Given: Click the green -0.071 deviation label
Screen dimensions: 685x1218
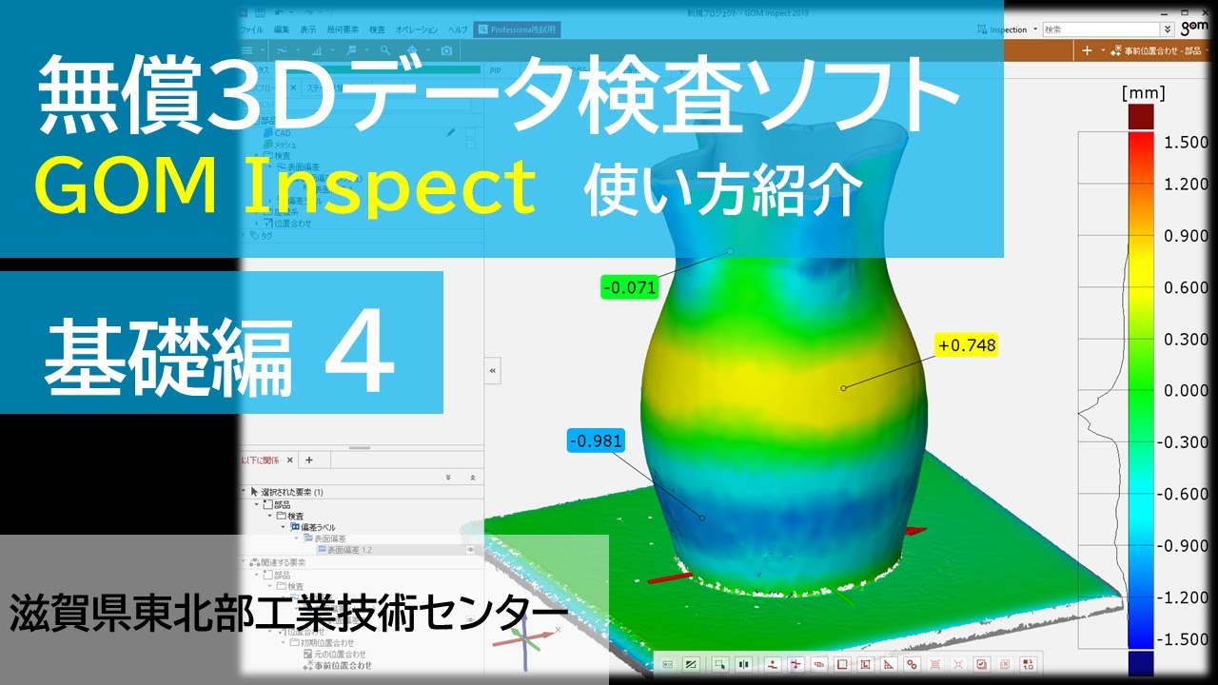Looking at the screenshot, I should (x=630, y=285).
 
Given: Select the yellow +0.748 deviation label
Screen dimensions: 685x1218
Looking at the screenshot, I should (x=967, y=345).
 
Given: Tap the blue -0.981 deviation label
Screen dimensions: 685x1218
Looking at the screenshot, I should (x=595, y=440).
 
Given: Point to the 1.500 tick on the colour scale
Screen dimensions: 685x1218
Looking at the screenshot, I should (x=1186, y=142).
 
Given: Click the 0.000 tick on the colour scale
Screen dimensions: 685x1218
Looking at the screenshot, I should (x=1186, y=390).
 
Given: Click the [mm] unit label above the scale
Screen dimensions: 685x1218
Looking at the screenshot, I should (x=1143, y=92).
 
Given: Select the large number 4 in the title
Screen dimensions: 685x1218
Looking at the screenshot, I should (x=360, y=357).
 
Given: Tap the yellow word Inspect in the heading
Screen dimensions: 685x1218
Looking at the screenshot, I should (x=389, y=186).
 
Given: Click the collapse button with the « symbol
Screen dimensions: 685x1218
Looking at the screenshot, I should (x=492, y=370).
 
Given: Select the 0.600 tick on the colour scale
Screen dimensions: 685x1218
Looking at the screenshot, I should (x=1186, y=287).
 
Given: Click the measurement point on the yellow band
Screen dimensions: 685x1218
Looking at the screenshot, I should (x=843, y=387).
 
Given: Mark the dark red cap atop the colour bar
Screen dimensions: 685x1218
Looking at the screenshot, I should (x=1140, y=116).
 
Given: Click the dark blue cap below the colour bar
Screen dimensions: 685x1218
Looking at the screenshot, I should (x=1140, y=662).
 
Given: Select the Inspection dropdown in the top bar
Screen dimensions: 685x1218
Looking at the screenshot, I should (x=1009, y=29).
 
